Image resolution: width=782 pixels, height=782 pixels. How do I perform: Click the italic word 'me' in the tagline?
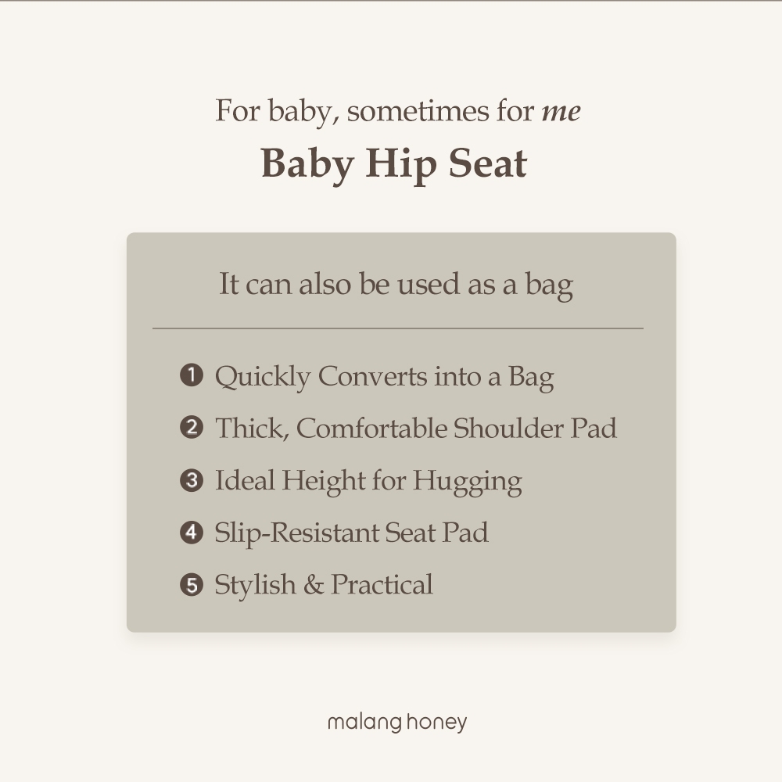(561, 112)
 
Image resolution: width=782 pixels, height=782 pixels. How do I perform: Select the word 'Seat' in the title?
(487, 163)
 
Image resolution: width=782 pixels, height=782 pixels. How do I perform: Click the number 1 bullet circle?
(192, 375)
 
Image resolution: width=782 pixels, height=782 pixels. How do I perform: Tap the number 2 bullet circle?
(192, 428)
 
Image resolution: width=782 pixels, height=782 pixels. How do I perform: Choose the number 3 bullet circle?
(192, 480)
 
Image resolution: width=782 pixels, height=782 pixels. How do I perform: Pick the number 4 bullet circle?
(192, 532)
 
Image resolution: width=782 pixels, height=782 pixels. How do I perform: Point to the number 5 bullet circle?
(192, 584)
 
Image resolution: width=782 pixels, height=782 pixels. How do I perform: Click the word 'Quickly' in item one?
(263, 377)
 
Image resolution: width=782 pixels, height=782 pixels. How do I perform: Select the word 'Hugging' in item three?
(468, 482)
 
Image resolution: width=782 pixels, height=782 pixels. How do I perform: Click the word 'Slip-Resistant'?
(296, 533)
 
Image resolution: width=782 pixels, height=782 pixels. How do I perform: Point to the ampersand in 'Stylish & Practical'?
(314, 584)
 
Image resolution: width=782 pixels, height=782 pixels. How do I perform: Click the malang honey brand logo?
(397, 723)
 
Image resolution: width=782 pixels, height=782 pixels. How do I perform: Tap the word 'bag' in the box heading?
(549, 285)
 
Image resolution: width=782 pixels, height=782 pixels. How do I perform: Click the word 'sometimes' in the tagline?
(418, 111)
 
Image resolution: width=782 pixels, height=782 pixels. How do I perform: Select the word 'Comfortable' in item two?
(372, 428)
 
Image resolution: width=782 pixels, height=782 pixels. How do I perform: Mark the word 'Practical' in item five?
(382, 584)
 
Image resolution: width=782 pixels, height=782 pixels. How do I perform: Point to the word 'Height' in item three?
(324, 482)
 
